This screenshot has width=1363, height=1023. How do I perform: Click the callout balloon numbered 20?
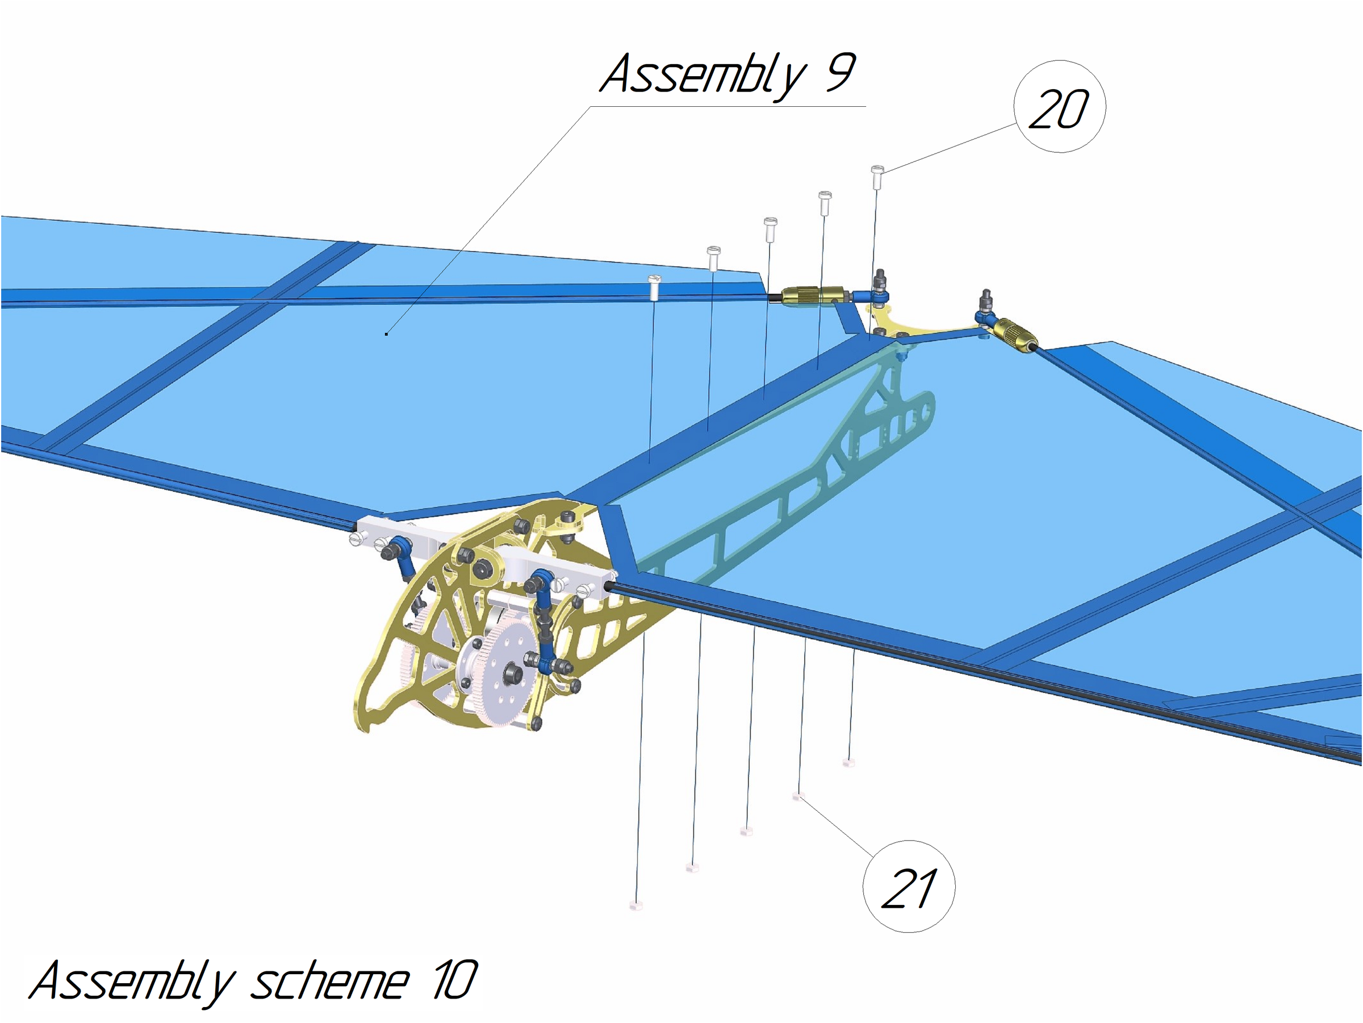pos(1059,107)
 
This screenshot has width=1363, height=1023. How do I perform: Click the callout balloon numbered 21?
pos(909,886)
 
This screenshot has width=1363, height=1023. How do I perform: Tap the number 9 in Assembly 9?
pos(840,72)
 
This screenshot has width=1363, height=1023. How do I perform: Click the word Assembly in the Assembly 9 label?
pos(703,75)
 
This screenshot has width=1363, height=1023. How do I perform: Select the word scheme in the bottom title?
pos(329,981)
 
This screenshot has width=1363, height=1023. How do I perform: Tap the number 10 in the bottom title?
pos(455,980)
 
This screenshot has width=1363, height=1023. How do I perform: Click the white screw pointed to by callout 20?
pos(877,176)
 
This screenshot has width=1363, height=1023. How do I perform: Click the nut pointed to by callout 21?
pos(798,797)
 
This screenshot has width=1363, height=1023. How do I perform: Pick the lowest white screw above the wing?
pos(654,287)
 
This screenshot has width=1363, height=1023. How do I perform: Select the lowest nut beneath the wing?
pos(636,905)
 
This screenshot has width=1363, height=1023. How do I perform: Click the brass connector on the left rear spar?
pos(813,296)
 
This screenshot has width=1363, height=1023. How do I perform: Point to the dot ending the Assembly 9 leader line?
pos(386,334)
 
